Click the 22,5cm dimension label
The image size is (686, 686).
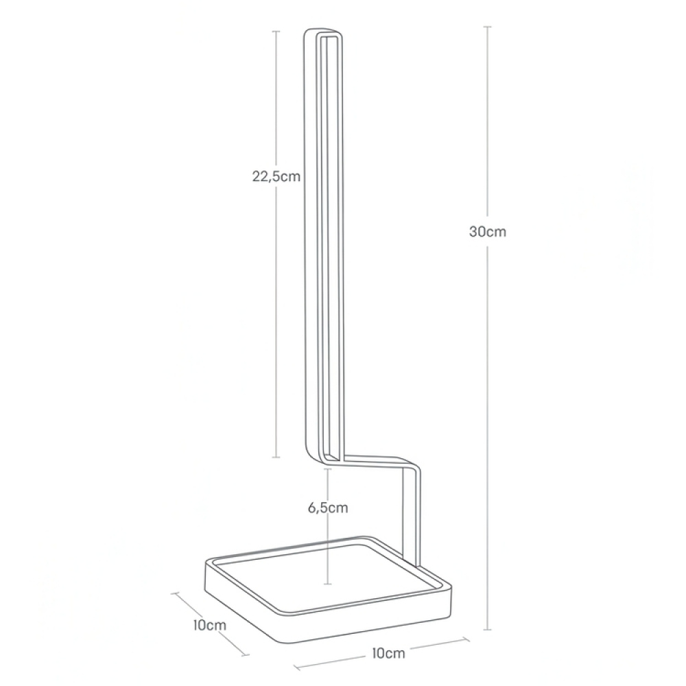click(x=277, y=176)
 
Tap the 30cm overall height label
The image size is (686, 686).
click(x=488, y=231)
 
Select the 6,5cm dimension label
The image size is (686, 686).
click(x=329, y=508)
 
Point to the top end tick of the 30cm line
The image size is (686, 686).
click(x=488, y=27)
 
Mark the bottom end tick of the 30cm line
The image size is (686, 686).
click(x=488, y=629)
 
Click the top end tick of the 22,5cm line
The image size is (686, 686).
click(x=276, y=31)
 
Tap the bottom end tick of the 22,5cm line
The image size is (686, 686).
click(x=276, y=457)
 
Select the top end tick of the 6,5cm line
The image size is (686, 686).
click(x=329, y=469)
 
